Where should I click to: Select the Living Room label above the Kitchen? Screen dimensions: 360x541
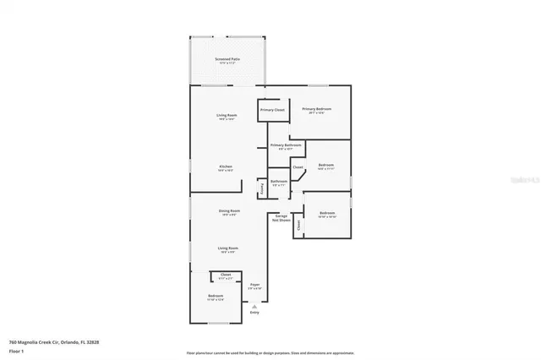tap(226, 116)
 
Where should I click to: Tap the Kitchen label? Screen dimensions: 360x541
tap(226, 166)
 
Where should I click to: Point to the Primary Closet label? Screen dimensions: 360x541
tap(272, 110)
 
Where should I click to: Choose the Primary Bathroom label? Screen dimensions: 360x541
tap(286, 145)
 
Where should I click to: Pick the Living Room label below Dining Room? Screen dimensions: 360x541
tap(226, 248)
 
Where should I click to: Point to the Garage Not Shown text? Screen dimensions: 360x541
tap(281, 217)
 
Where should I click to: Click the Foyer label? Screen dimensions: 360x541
tap(254, 285)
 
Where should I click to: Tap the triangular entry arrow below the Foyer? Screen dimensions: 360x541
tap(254, 307)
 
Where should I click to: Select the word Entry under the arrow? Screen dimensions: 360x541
tap(254, 313)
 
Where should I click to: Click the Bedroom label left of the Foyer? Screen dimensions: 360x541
tap(215, 296)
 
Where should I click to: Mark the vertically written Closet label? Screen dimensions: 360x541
tap(298, 222)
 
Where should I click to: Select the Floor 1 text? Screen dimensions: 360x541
tap(16, 350)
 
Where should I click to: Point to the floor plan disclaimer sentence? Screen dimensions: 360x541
tap(270, 352)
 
